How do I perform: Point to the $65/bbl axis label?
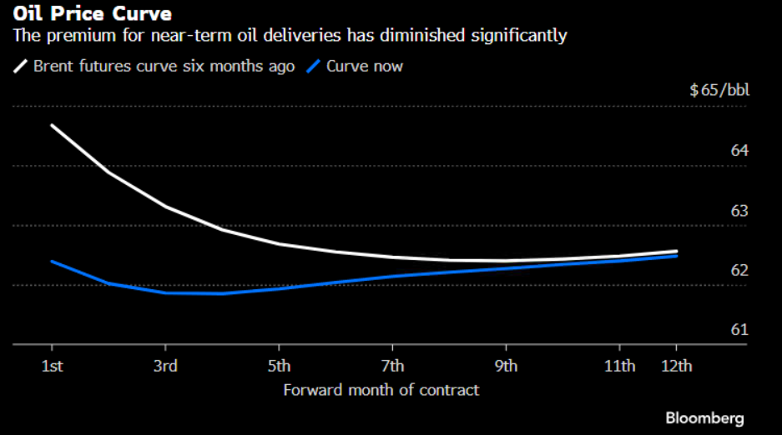[719, 90]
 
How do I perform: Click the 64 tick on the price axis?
[739, 151]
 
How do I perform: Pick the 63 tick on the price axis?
[739, 211]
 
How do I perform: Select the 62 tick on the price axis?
[739, 271]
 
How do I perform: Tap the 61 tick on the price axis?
[739, 330]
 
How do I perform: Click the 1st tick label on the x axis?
[52, 366]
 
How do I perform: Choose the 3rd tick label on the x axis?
[165, 366]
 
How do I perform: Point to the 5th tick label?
[279, 366]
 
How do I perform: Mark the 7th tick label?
[392, 366]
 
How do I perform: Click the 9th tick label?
[506, 366]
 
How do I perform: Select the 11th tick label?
[619, 366]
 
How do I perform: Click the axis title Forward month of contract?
[381, 390]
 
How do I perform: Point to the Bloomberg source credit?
[704, 417]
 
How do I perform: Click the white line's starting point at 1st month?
[52, 125]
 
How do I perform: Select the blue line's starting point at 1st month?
[52, 261]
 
